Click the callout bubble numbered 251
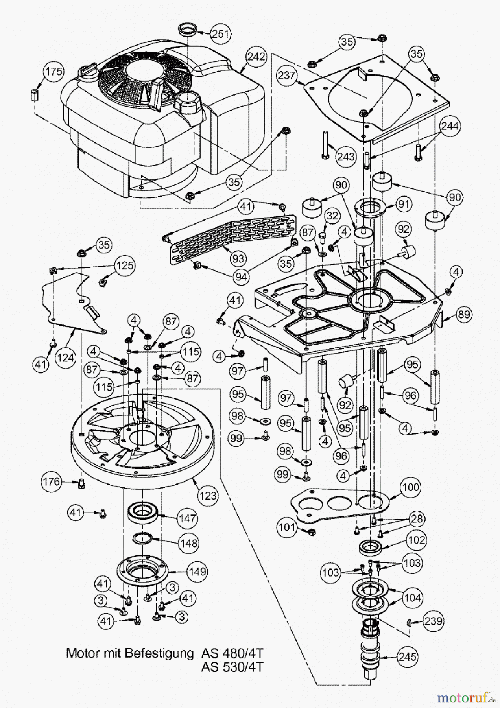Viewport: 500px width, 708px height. point(221,34)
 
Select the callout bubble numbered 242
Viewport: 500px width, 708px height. point(256,57)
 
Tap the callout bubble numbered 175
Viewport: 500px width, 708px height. point(53,72)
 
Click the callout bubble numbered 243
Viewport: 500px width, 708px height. point(345,157)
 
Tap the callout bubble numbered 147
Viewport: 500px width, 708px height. point(187,518)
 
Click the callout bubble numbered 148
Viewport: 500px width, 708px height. point(188,543)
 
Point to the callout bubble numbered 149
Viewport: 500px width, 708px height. point(197,571)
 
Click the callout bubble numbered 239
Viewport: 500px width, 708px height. point(433,621)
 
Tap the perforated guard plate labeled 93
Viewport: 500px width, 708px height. point(232,236)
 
